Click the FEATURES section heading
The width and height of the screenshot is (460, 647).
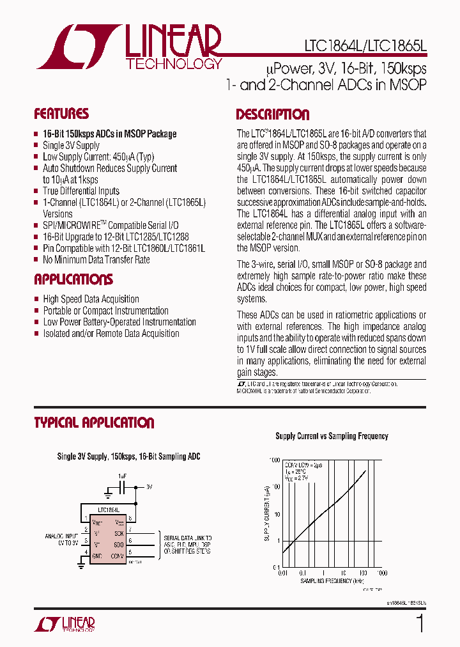coord(61,114)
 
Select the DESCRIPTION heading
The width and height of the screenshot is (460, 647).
coord(273,115)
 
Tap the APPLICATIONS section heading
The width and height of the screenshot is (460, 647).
coord(73,279)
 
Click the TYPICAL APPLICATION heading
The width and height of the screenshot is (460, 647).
coord(94,423)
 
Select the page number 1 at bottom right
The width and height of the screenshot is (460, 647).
coord(420,623)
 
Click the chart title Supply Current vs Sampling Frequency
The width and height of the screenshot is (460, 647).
coord(332,436)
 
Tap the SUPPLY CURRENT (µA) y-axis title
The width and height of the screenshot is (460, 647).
coord(267,513)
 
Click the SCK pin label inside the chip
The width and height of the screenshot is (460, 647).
coord(119,533)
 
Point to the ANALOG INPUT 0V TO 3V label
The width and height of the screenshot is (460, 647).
coord(63,540)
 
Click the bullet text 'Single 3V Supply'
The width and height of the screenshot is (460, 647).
coord(71,145)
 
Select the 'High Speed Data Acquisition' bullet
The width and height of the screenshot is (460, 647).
coord(91,299)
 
